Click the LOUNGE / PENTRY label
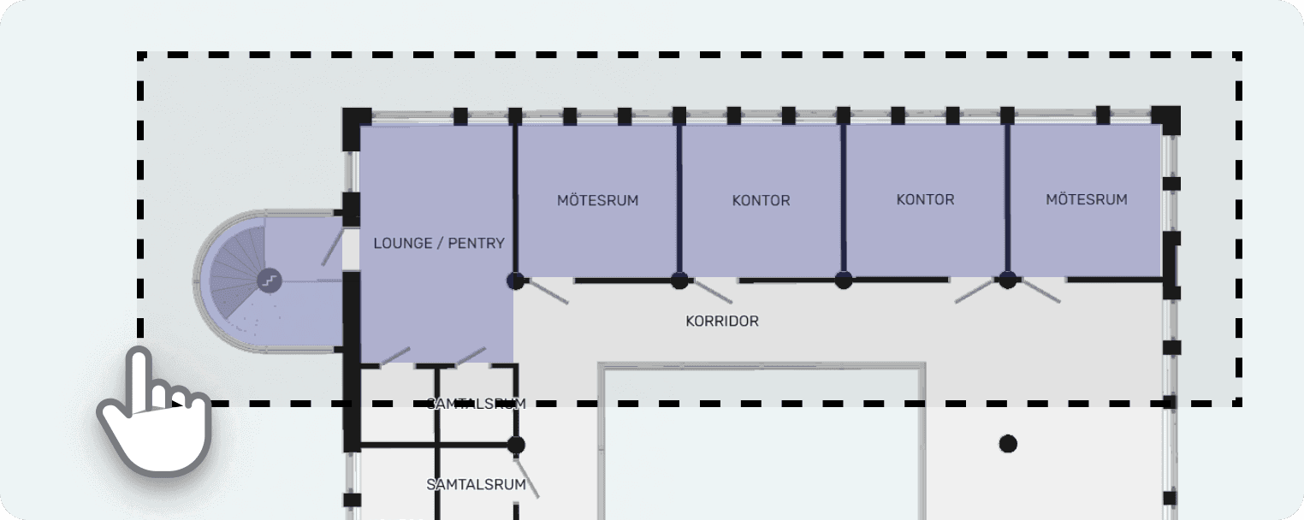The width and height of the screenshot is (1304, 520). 438,243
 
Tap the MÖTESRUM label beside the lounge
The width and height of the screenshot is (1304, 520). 597,200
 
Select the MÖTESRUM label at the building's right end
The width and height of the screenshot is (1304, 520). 1086,199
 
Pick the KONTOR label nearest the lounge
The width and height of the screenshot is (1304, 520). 761,200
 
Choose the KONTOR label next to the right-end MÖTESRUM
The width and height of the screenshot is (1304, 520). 924,199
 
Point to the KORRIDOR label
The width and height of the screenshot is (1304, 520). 721,322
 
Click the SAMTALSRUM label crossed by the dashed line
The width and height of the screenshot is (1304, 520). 476,404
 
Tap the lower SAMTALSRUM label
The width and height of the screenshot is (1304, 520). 476,484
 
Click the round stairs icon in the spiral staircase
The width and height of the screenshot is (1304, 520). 270,280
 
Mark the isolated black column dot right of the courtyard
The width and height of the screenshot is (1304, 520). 1008,443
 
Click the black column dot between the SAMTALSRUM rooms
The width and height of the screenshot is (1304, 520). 515,445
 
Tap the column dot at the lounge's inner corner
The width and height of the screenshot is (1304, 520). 515,280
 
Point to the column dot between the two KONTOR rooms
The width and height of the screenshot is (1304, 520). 844,280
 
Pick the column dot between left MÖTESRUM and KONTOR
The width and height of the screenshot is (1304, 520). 679,280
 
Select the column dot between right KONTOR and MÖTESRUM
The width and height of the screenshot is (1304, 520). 1008,280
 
